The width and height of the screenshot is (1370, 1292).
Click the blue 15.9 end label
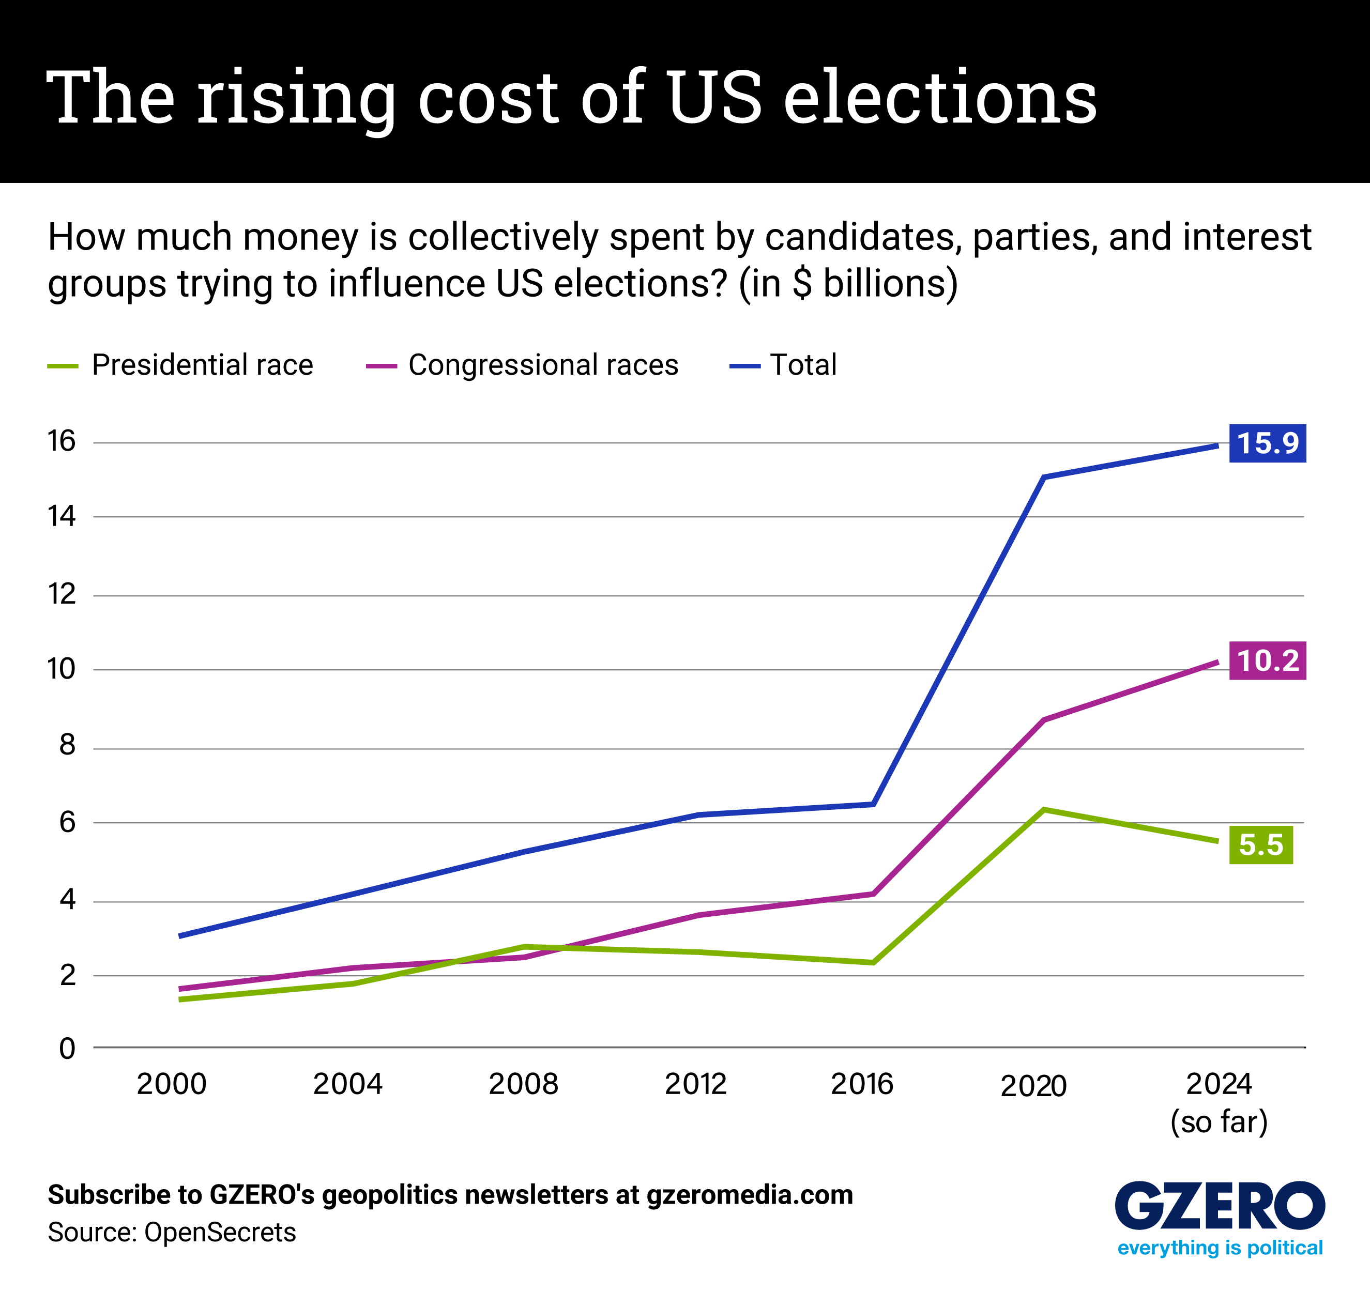pos(1267,443)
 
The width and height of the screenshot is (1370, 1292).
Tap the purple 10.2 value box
pos(1267,661)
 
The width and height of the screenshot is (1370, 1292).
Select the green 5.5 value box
pos(1260,845)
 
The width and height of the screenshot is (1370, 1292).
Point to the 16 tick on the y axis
pos(62,441)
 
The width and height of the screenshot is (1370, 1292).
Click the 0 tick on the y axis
pos(67,1049)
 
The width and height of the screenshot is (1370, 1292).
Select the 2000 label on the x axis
pos(172,1084)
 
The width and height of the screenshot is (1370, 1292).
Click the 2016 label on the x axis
pos(861,1084)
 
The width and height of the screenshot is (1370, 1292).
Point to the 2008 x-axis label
pos(523,1084)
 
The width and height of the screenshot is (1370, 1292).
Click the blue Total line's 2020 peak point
pos(1044,477)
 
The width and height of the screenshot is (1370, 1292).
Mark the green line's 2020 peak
pos(1044,810)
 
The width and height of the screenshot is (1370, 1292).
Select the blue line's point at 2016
pos(873,804)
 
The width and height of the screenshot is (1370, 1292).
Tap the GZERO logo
pos(1219,1205)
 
